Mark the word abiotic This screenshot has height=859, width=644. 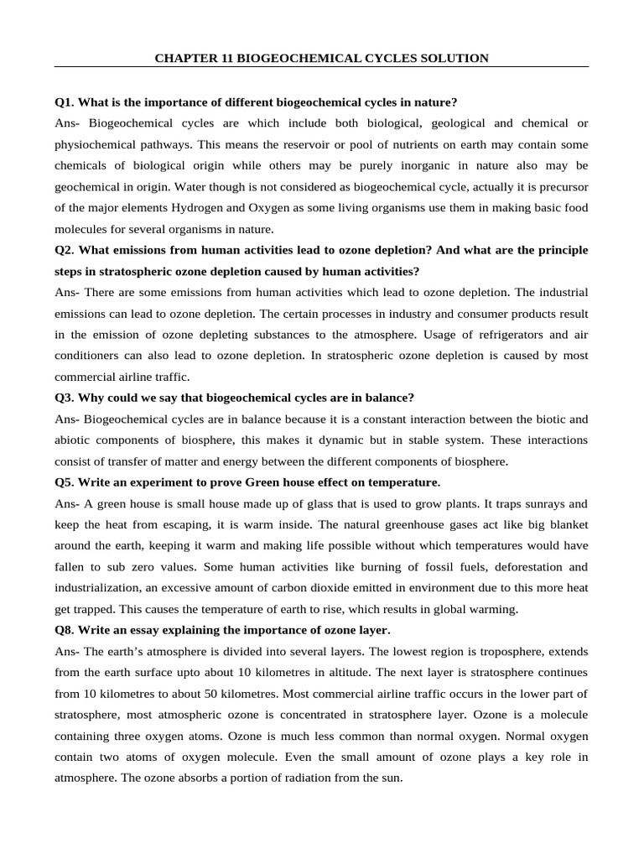coord(73,440)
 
